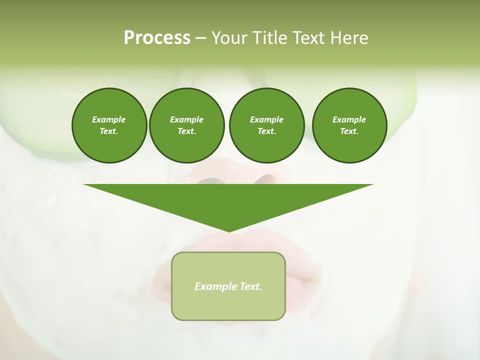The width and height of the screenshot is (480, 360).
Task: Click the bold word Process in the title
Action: pyautogui.click(x=157, y=38)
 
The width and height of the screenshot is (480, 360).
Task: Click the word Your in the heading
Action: pyautogui.click(x=229, y=38)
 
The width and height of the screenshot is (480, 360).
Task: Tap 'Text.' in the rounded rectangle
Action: pyautogui.click(x=251, y=286)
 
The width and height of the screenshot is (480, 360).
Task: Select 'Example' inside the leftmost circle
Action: pyautogui.click(x=109, y=119)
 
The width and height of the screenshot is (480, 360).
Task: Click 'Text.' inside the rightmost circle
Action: pyautogui.click(x=349, y=131)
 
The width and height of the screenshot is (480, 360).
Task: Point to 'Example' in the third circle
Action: pyautogui.click(x=266, y=119)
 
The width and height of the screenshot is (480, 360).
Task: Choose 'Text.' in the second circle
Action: pyautogui.click(x=186, y=131)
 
